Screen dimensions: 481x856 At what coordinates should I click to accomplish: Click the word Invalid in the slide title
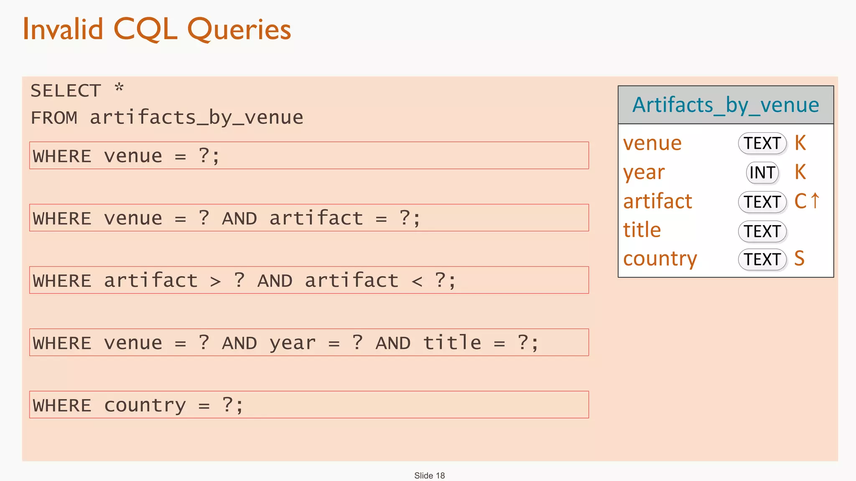pyautogui.click(x=63, y=29)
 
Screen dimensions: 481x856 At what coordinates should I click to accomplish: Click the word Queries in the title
pyautogui.click(x=239, y=30)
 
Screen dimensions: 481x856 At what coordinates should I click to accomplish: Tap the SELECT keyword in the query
pyautogui.click(x=66, y=91)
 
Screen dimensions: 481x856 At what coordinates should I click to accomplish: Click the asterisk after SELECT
pyautogui.click(x=119, y=89)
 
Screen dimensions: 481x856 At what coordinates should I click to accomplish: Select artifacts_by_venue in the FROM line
pyautogui.click(x=196, y=118)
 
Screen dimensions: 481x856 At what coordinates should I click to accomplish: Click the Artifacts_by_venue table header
pyautogui.click(x=725, y=105)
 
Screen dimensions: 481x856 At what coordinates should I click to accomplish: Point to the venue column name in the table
pyautogui.click(x=652, y=143)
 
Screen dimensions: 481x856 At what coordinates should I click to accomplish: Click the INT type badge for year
pyautogui.click(x=762, y=173)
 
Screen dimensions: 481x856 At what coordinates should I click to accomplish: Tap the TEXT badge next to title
pyautogui.click(x=762, y=231)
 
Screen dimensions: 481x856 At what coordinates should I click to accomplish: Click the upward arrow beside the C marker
pyautogui.click(x=815, y=201)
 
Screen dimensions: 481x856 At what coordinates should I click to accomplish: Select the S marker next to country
pyautogui.click(x=799, y=258)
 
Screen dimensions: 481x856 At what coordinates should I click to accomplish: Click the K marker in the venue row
pyautogui.click(x=800, y=143)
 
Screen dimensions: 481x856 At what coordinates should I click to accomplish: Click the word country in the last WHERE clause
pyautogui.click(x=145, y=405)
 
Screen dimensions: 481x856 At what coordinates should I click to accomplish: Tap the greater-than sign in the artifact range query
pyautogui.click(x=215, y=281)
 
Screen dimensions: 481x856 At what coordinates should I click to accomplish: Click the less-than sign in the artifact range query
pyautogui.click(x=417, y=281)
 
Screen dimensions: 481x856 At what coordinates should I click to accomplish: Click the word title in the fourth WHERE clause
pyautogui.click(x=452, y=343)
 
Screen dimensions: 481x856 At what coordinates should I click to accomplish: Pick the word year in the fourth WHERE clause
pyautogui.click(x=292, y=344)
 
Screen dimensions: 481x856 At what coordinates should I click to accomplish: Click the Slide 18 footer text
pyautogui.click(x=429, y=476)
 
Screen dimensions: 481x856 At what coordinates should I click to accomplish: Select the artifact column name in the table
pyautogui.click(x=657, y=202)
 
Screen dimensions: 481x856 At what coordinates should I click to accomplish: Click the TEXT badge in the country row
pyautogui.click(x=762, y=259)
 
